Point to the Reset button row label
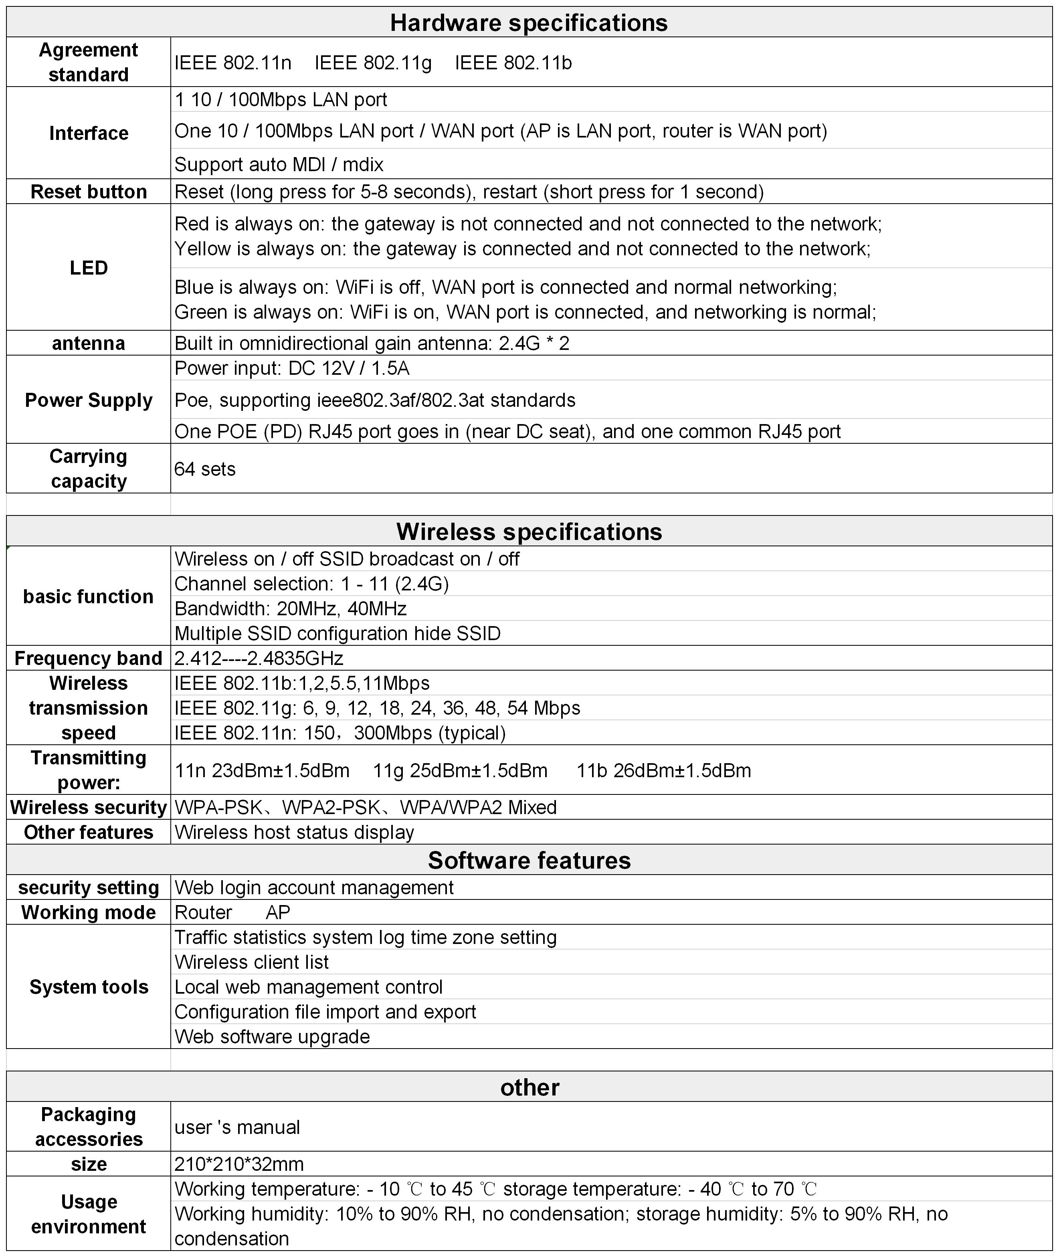pos(89,192)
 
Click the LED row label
pos(89,268)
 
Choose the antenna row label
pos(89,344)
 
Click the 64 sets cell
pos(205,469)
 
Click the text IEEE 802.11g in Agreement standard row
pos(373,63)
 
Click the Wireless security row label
pos(89,807)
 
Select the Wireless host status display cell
pos(294,833)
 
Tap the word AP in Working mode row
pos(278,912)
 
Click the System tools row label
pos(89,987)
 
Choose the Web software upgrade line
pos(272,1037)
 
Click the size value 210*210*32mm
pos(239,1164)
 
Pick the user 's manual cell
pos(237,1127)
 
